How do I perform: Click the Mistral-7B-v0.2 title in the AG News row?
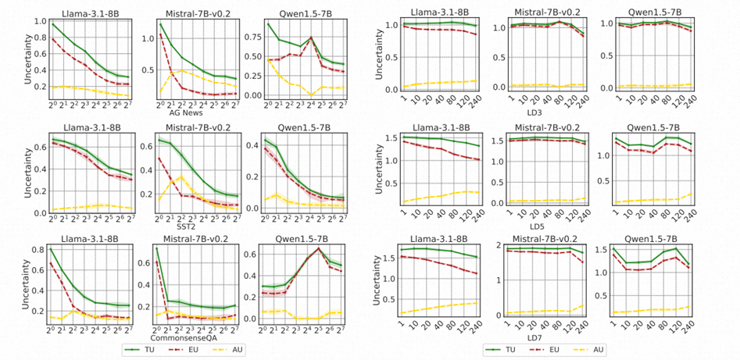191,12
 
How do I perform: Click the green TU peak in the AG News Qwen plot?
310,37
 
